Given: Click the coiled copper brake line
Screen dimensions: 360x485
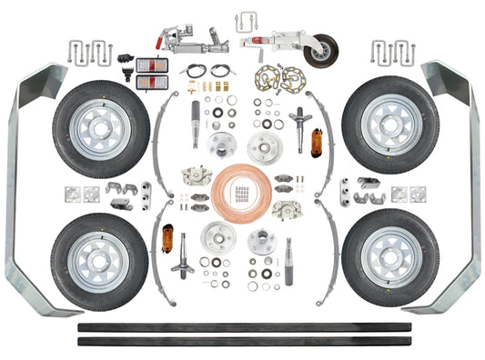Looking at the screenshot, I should point(241,190).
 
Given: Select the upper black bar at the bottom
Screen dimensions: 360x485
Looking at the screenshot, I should point(242,325).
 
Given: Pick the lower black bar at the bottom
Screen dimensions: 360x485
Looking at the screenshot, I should point(242,341).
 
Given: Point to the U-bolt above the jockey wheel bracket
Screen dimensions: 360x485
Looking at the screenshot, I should point(253,20).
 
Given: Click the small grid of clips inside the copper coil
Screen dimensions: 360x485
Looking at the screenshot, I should point(241,192).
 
